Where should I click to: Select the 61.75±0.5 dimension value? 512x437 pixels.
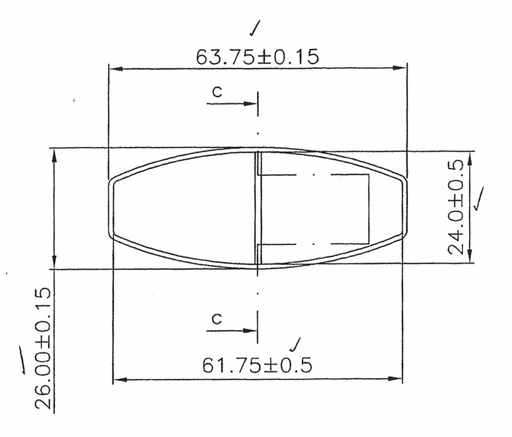(x=257, y=365)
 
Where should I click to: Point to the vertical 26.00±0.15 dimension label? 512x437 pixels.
(x=44, y=349)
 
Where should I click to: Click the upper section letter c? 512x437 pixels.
(x=217, y=92)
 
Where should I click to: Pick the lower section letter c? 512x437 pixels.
(x=217, y=319)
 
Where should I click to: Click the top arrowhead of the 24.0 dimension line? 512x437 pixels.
(x=470, y=157)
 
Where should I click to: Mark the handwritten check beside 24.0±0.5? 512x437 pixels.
(x=480, y=199)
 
